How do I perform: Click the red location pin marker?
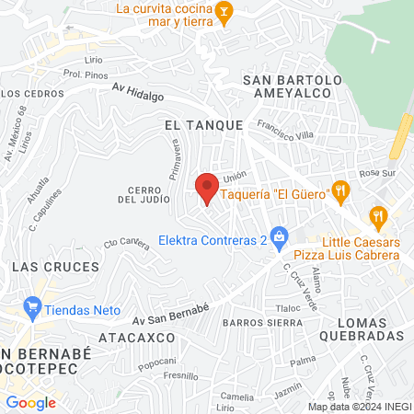[x=207, y=188]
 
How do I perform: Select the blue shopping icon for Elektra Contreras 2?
[x=278, y=238]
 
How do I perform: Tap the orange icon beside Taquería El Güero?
[x=340, y=190]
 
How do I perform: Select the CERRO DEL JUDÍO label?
[x=140, y=193]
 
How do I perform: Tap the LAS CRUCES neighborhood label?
[x=55, y=266]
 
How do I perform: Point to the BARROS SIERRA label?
[x=262, y=323]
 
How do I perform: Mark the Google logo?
[x=30, y=402]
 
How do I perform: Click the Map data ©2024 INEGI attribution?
[x=359, y=407]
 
